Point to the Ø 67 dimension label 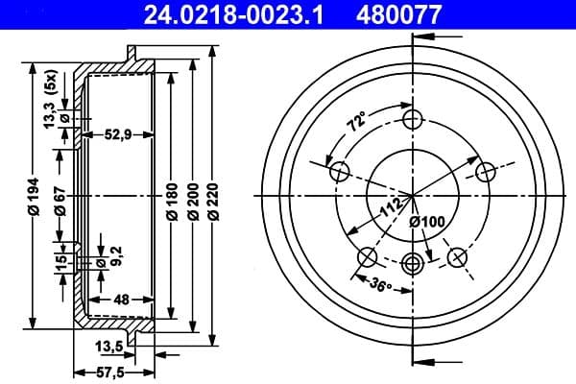[60, 196]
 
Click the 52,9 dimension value [119, 134]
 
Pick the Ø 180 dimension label [173, 197]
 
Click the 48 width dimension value [120, 300]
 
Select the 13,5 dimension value [108, 346]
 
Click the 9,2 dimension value [117, 254]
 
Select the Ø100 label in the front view [426, 223]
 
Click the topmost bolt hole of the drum [413, 119]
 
